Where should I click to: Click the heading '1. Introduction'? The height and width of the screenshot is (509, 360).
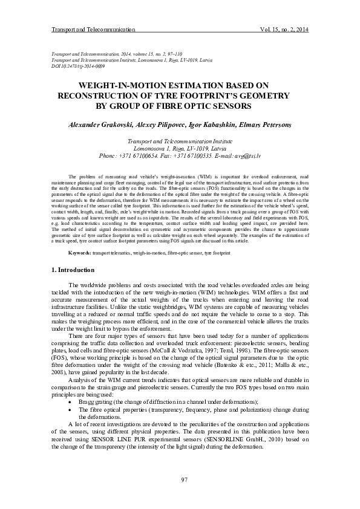pyautogui.click(x=72, y=269)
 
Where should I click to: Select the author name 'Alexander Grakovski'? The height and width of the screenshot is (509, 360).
pyautogui.click(x=98, y=125)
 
